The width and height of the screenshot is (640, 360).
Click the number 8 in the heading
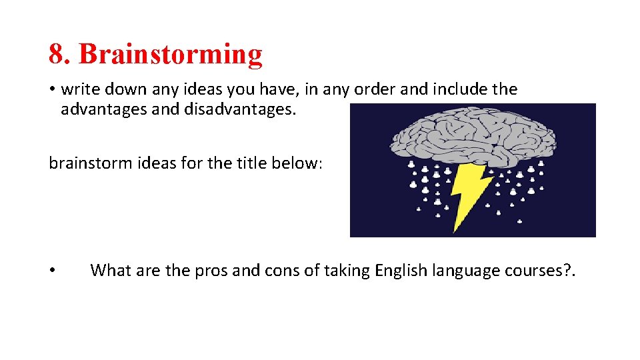coord(57,54)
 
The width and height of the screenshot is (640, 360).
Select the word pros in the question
coord(210,271)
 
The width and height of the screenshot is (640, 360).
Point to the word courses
coord(529,271)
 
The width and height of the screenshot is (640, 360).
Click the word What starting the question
coord(111,271)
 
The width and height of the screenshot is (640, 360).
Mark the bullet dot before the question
coord(52,271)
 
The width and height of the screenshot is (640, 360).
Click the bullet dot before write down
coord(52,90)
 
